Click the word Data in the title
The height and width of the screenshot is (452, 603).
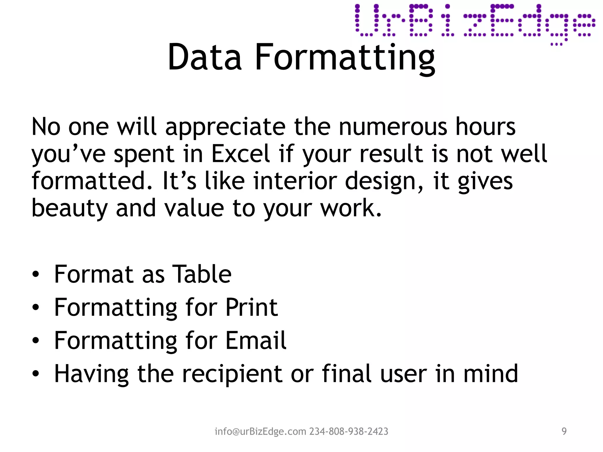coord(204,57)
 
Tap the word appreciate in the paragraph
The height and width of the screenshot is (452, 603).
coord(225,127)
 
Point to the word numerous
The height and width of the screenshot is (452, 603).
coord(393,127)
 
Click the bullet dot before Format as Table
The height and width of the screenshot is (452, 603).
coord(36,275)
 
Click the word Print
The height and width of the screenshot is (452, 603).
coord(251,308)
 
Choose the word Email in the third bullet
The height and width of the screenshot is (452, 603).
coord(256,340)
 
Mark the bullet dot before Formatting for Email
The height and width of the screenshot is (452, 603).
coord(36,341)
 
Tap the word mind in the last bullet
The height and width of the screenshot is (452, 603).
coord(491,374)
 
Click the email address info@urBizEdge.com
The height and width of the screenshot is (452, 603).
coord(261,431)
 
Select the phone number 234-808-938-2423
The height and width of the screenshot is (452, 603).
coord(349,431)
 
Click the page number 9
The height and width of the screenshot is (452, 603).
coord(564,431)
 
